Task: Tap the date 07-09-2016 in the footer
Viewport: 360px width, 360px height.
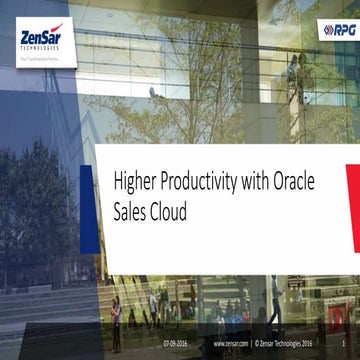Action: (175, 343)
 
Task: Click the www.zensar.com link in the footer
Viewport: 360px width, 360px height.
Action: (230, 343)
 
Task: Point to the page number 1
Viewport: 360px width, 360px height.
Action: (343, 343)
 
